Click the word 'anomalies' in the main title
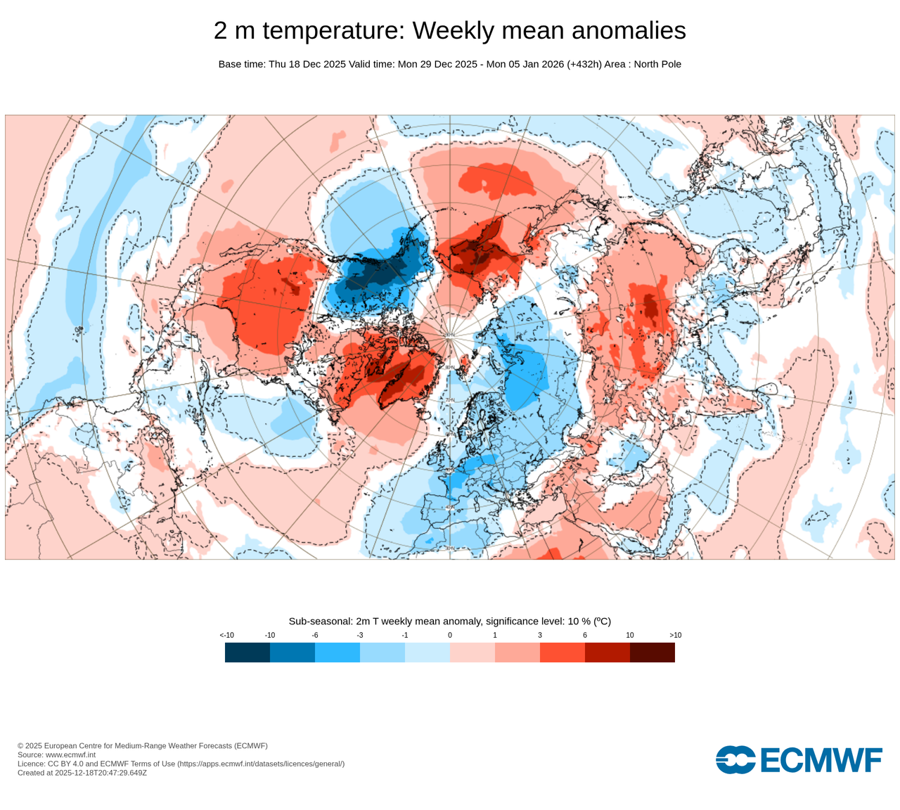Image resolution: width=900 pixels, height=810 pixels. [x=629, y=31]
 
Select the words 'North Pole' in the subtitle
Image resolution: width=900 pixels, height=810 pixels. [x=657, y=64]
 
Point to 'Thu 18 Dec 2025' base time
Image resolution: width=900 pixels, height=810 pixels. [x=307, y=64]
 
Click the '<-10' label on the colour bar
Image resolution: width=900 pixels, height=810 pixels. [x=226, y=635]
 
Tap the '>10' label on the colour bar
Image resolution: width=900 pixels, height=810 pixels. [x=675, y=635]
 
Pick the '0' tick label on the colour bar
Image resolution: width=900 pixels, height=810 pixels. [x=450, y=635]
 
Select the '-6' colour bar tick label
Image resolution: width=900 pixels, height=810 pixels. [x=315, y=635]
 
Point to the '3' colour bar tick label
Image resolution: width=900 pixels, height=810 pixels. [x=540, y=635]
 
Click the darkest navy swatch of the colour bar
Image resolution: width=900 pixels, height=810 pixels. [x=247, y=652]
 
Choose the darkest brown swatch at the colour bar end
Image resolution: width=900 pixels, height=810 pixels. [x=652, y=652]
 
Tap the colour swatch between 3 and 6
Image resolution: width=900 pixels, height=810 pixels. [x=562, y=652]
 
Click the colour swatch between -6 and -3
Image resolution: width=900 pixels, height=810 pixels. [x=337, y=652]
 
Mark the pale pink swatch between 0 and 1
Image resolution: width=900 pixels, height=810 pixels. [x=472, y=652]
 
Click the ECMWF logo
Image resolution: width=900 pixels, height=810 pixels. [x=799, y=760]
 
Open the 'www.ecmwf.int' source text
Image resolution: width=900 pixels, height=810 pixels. [x=70, y=754]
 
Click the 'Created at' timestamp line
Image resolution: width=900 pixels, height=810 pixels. [x=82, y=773]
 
